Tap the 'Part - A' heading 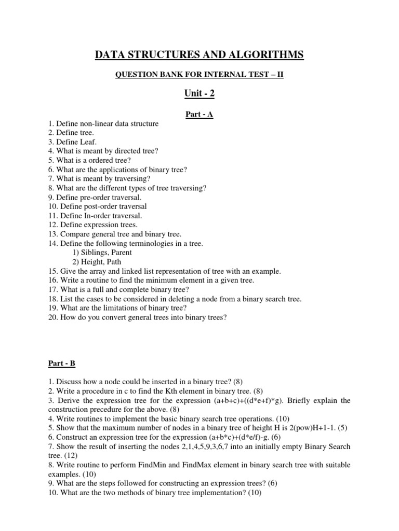[x=199, y=114]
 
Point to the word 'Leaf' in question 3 [x=86, y=142]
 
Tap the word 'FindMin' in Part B [x=143, y=465]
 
